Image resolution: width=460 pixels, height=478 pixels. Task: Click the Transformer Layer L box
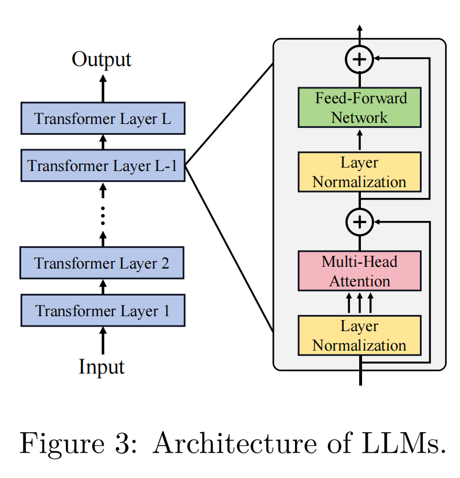tap(103, 119)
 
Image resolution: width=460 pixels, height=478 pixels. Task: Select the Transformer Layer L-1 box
tap(103, 166)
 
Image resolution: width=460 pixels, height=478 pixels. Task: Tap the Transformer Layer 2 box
tap(103, 263)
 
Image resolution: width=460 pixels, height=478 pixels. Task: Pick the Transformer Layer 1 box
tap(103, 310)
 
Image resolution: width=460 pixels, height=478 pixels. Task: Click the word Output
tap(101, 59)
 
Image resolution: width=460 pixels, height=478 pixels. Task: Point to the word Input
tap(101, 366)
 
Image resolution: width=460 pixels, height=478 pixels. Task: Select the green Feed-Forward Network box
tap(359, 107)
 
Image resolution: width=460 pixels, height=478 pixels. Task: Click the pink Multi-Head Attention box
tap(359, 271)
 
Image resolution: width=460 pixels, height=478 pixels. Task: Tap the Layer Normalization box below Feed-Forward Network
tap(359, 172)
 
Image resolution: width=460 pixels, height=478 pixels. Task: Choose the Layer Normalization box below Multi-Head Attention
tap(359, 336)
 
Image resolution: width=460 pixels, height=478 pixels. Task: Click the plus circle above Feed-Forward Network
tap(360, 58)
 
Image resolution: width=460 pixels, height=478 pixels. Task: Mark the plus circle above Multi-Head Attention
tap(360, 221)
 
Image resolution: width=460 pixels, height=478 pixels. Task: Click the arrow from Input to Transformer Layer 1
tap(103, 340)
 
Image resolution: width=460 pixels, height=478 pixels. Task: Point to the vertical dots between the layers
tap(103, 215)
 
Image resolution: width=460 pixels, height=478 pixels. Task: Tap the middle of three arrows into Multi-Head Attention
tap(360, 302)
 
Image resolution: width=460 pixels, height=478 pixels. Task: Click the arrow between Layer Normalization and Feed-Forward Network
tap(360, 139)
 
